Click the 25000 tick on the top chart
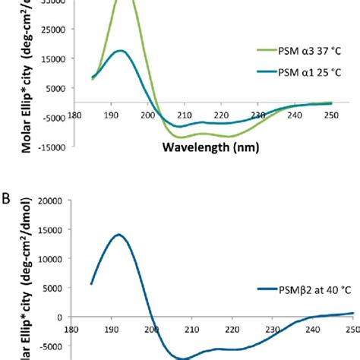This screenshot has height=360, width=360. (x=63, y=30)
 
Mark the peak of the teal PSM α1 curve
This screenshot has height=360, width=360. (x=120, y=51)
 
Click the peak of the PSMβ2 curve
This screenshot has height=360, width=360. (x=118, y=235)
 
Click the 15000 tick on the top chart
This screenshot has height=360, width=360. (x=63, y=58)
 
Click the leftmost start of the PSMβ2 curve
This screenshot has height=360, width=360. (x=91, y=284)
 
